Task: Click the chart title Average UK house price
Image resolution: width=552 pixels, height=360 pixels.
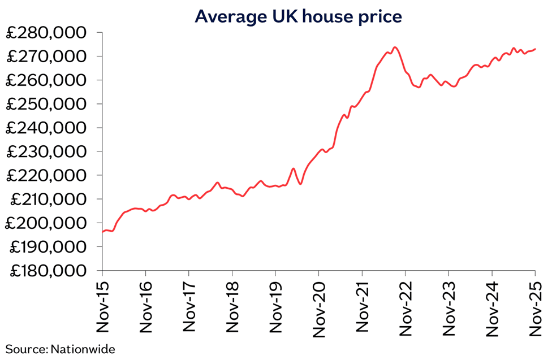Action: (x=298, y=16)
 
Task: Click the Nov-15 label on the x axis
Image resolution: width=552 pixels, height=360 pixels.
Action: (x=102, y=308)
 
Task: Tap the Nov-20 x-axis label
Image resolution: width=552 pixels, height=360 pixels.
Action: (x=318, y=308)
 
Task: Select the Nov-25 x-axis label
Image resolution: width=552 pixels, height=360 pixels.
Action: (x=535, y=308)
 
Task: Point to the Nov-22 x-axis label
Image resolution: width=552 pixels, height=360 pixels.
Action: (x=405, y=308)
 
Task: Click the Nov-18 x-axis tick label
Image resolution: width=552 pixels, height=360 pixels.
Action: (x=232, y=308)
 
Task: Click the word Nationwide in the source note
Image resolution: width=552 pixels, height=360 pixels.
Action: (x=83, y=349)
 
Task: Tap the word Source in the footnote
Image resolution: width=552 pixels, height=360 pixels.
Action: (x=26, y=349)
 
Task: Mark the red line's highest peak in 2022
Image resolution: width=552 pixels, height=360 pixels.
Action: (x=395, y=47)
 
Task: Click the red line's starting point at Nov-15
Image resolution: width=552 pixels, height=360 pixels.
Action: (x=103, y=232)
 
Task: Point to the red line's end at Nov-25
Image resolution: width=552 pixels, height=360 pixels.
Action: (x=535, y=49)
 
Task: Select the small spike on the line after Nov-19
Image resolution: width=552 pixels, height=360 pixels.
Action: (x=293, y=168)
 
